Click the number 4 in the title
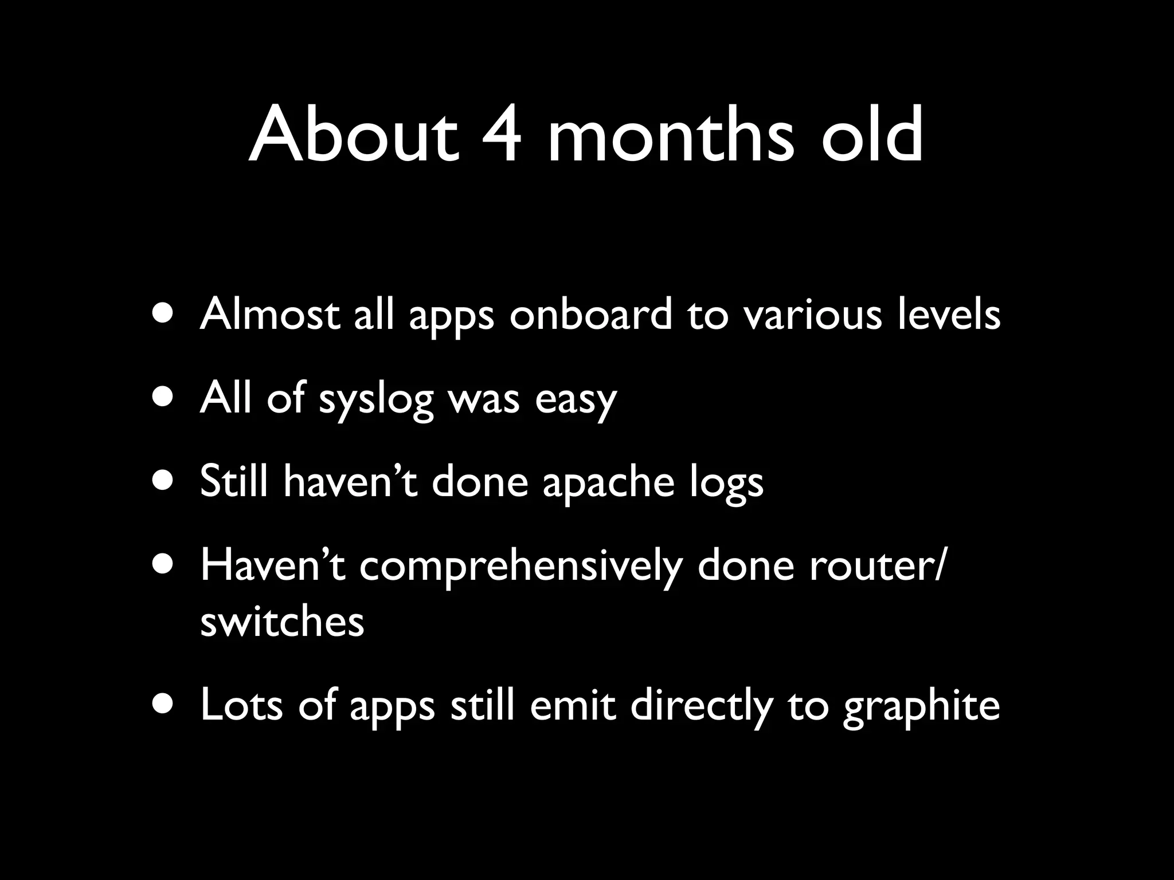pyautogui.click(x=500, y=135)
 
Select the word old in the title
pyautogui.click(x=872, y=135)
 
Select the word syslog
pyautogui.click(x=376, y=399)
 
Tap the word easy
pyautogui.click(x=576, y=399)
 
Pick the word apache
pyautogui.click(x=608, y=482)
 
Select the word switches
pyautogui.click(x=282, y=621)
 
